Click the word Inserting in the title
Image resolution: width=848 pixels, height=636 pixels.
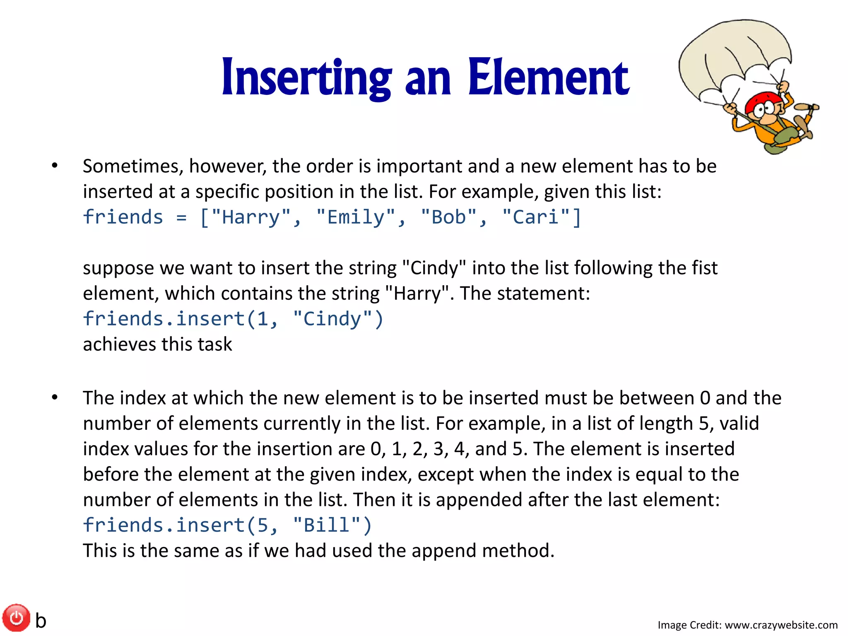[x=306, y=78]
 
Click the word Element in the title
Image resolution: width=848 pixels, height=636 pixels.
[x=548, y=78]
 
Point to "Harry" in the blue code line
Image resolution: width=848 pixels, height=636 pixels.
[x=251, y=217]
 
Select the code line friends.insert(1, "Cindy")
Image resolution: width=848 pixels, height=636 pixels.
[x=233, y=319]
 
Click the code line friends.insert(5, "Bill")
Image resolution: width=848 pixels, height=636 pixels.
[x=227, y=525]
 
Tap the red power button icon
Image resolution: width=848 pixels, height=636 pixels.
[x=17, y=618]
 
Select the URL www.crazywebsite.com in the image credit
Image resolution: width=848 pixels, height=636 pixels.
[x=781, y=625]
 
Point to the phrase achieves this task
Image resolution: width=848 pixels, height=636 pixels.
[x=157, y=344]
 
